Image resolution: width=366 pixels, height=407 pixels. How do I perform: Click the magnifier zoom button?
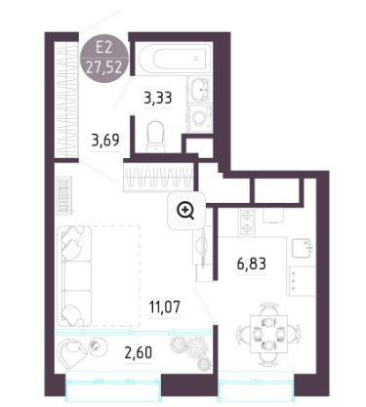pos(186,212)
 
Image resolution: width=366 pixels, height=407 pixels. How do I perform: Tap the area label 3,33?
pos(158,98)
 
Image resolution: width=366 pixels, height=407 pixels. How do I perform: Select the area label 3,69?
pos(105,141)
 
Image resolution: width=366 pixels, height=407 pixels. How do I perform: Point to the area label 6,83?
pos(252,264)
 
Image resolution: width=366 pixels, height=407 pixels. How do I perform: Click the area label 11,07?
pos(164,306)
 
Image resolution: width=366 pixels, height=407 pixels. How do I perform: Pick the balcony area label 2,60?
pos(139,352)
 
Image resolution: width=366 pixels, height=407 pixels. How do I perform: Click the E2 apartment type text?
pos(103,48)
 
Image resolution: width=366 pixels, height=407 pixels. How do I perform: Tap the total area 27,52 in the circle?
pos(104,67)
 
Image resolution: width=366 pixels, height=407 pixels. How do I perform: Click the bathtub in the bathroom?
pos(174,59)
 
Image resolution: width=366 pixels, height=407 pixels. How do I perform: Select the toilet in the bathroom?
pos(155,137)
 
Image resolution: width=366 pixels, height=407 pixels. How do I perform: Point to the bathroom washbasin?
pos(200,88)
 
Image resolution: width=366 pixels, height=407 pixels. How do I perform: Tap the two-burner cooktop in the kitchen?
pos(247,223)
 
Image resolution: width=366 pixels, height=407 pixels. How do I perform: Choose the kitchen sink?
pos(301,248)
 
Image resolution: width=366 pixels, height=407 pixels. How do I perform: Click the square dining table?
pos(269,335)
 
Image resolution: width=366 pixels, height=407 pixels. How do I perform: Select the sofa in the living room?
pos(74,276)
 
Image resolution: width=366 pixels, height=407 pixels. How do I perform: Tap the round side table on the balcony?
pos(96,345)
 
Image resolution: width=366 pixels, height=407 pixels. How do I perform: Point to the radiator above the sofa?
pos(64,195)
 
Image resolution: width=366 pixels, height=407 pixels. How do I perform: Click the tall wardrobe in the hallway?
pos(66,101)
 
